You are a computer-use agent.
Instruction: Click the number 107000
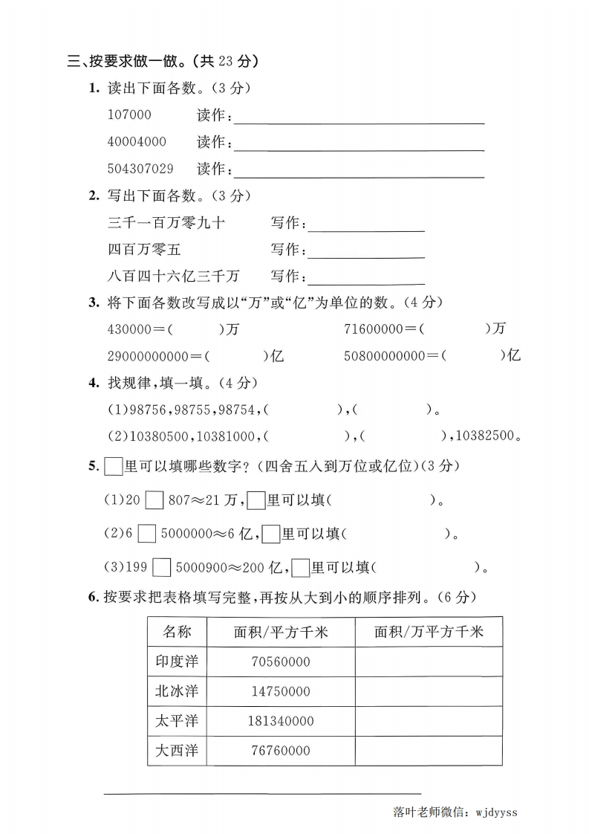(129, 115)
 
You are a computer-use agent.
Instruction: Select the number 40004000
(137, 142)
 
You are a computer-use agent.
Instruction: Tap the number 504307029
(140, 169)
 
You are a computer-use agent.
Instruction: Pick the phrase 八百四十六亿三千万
(173, 276)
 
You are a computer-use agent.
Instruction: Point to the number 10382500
(484, 436)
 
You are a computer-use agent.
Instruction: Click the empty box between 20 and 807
(154, 501)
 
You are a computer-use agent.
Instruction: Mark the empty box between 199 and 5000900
(162, 569)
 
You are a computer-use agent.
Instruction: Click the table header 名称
(177, 632)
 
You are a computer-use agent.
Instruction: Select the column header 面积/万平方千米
(429, 632)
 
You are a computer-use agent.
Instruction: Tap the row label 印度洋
(177, 662)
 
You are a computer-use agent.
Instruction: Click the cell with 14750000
(280, 691)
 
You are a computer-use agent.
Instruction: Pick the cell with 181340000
(280, 721)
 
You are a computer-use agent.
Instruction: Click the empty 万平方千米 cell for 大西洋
(429, 751)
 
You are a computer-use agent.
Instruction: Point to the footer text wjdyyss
(495, 812)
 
